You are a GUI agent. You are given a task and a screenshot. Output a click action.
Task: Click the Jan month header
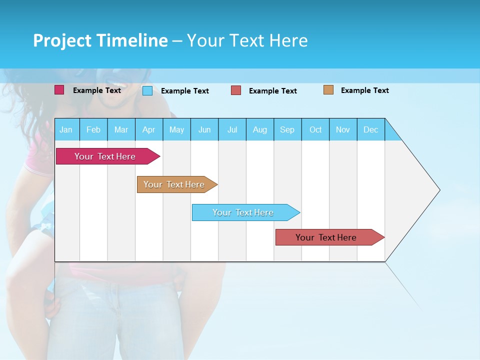66,129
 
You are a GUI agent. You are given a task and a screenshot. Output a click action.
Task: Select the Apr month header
149,129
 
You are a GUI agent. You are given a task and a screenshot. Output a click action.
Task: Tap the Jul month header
232,129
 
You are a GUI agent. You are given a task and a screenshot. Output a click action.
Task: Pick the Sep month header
287,129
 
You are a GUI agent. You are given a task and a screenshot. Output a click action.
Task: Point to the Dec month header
371,129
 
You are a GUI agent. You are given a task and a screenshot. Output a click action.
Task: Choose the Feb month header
93,129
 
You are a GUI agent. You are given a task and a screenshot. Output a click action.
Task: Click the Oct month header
315,129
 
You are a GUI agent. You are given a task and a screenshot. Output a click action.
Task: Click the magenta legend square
59,90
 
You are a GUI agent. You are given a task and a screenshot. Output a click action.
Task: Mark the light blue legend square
147,90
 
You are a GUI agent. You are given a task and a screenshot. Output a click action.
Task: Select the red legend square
236,90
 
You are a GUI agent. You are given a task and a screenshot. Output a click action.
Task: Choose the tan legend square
328,90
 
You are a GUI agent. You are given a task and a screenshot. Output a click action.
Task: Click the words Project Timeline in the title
100,40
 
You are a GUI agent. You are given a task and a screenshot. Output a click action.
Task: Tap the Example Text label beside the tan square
365,90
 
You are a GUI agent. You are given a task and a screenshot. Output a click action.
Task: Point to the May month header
176,129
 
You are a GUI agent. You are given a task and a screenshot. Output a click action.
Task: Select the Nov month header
343,129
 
